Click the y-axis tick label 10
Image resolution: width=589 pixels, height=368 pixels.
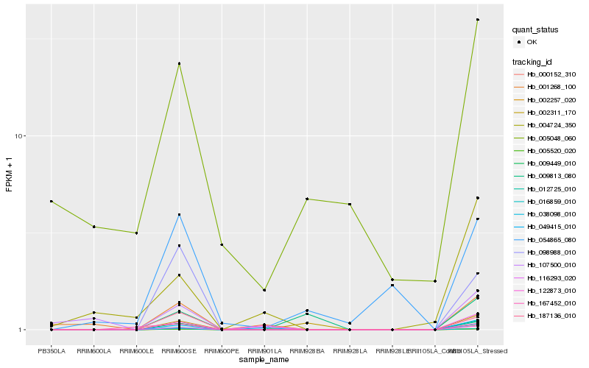pyautogui.click(x=21, y=136)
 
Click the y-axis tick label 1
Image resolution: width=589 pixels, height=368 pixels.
pyautogui.click(x=22, y=330)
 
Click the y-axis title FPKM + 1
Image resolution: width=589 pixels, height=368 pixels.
pyautogui.click(x=10, y=174)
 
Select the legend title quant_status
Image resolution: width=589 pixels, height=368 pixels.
pyautogui.click(x=536, y=30)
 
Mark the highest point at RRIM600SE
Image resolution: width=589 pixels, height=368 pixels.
pyautogui.click(x=179, y=63)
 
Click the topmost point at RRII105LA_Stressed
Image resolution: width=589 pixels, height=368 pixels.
pyautogui.click(x=478, y=20)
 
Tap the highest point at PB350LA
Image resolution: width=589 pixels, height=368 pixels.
pyautogui.click(x=52, y=202)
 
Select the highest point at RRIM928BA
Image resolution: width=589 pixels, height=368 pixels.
pyautogui.click(x=307, y=199)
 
